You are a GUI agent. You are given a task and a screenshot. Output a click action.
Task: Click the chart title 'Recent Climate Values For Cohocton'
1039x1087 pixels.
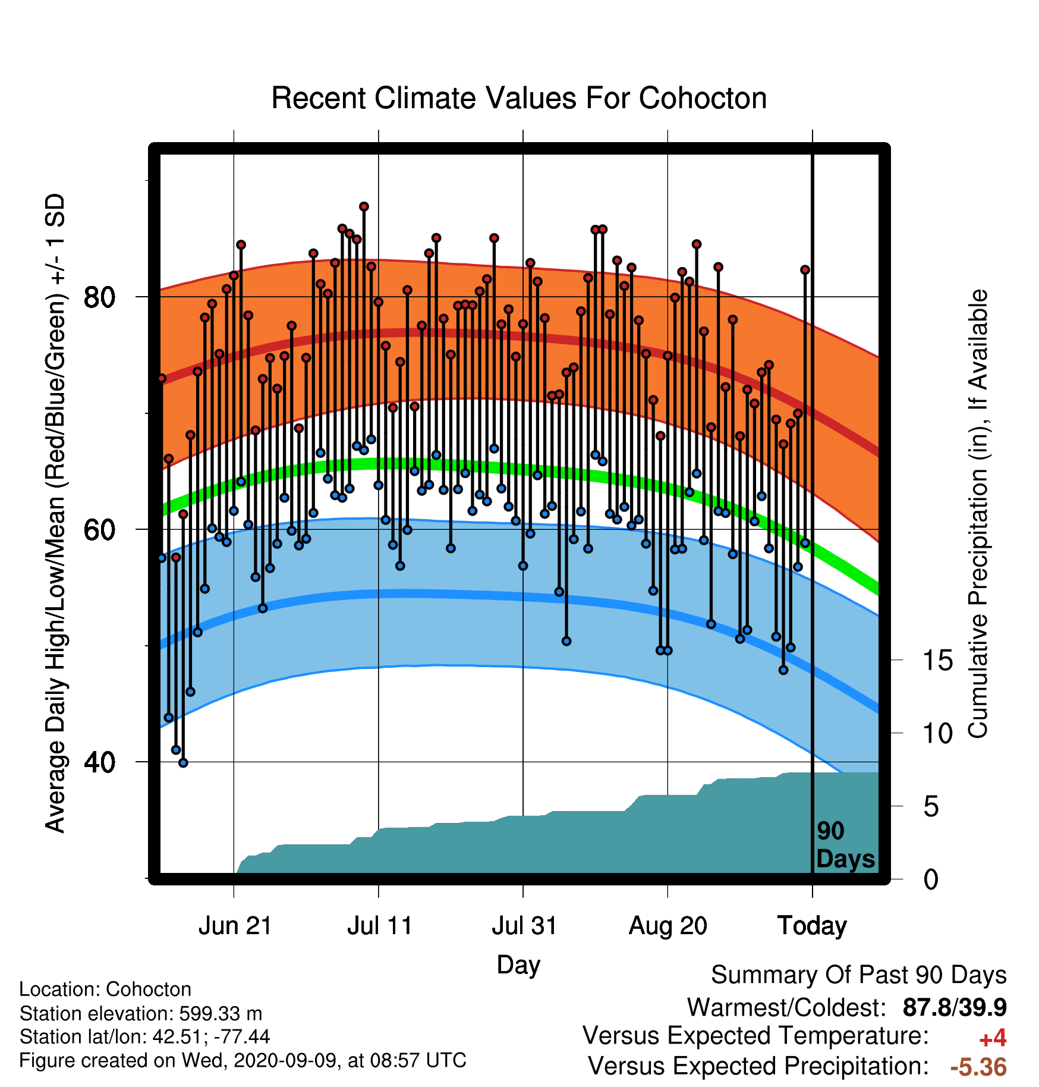coord(519,98)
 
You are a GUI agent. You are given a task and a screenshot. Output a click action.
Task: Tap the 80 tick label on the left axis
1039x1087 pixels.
coord(99,297)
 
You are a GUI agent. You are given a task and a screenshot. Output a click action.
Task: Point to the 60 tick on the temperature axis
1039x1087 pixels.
coord(99,529)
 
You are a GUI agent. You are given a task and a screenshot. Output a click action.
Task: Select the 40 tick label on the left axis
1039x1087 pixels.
coord(99,762)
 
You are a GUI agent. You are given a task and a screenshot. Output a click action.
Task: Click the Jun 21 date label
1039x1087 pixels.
coord(235,926)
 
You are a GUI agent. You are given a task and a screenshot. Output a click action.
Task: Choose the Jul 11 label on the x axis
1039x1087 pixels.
coord(379,926)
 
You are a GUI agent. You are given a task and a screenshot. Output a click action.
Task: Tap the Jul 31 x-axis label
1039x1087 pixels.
coord(524,926)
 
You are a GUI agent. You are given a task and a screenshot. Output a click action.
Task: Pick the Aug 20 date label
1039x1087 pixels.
coord(668,926)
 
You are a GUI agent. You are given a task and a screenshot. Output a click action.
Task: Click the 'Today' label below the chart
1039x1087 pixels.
coord(812,926)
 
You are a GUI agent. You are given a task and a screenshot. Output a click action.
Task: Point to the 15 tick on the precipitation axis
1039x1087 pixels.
coord(937,660)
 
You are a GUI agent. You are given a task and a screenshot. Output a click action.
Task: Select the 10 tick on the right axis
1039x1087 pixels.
coord(937,733)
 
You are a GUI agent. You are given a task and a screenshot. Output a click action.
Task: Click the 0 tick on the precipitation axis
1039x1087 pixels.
coord(931,879)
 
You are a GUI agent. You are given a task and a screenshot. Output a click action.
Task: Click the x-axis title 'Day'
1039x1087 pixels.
coord(518,965)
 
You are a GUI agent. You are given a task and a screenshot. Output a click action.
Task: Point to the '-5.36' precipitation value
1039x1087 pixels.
coord(978,1067)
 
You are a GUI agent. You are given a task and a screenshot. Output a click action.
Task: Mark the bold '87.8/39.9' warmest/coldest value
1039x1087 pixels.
coord(955,1008)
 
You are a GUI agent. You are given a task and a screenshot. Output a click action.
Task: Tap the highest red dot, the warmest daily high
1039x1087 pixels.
coord(364,206)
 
